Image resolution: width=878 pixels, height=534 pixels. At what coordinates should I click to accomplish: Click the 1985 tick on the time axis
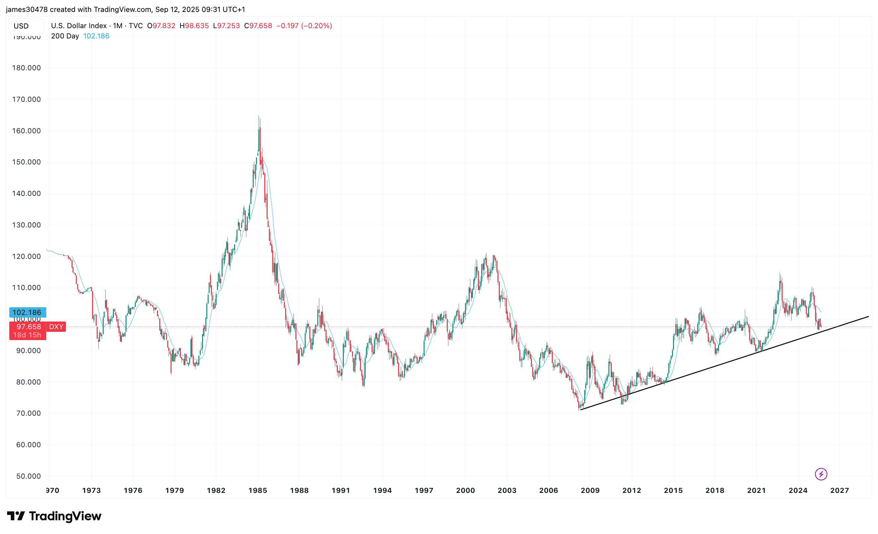pyautogui.click(x=258, y=491)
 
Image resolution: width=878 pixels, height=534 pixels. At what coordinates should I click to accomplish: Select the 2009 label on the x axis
pyautogui.click(x=590, y=491)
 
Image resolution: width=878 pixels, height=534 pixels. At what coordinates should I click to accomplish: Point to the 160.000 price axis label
pyautogui.click(x=26, y=131)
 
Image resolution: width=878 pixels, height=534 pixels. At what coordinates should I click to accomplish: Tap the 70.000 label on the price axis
pyautogui.click(x=28, y=413)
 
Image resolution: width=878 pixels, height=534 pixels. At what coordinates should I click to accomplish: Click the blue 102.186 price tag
pyautogui.click(x=27, y=313)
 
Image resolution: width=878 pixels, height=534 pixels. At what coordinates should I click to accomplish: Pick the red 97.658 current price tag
pyautogui.click(x=28, y=327)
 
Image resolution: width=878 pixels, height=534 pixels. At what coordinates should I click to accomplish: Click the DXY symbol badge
pyautogui.click(x=56, y=327)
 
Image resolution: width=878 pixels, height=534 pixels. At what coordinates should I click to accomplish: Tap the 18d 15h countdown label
pyautogui.click(x=27, y=335)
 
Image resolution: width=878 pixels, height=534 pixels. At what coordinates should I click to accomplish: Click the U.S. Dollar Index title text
pyautogui.click(x=79, y=26)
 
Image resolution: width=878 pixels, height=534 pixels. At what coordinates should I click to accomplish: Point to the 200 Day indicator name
pyautogui.click(x=65, y=36)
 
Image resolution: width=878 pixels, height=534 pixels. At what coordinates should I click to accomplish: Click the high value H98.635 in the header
pyautogui.click(x=194, y=26)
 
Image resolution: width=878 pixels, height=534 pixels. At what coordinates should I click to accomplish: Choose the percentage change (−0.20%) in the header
pyautogui.click(x=316, y=26)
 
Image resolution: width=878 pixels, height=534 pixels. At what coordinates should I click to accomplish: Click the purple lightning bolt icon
pyautogui.click(x=821, y=474)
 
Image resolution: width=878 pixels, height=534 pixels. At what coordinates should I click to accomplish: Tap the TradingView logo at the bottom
pyautogui.click(x=54, y=516)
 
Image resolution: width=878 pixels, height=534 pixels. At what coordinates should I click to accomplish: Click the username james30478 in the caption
pyautogui.click(x=27, y=10)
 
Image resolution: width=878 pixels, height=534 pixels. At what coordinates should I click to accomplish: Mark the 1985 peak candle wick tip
pyautogui.click(x=259, y=116)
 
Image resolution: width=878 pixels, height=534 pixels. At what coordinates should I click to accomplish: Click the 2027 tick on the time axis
pyautogui.click(x=840, y=491)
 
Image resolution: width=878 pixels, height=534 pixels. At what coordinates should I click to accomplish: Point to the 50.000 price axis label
pyautogui.click(x=28, y=476)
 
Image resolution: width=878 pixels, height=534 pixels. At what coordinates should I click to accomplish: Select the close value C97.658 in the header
pyautogui.click(x=258, y=26)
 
